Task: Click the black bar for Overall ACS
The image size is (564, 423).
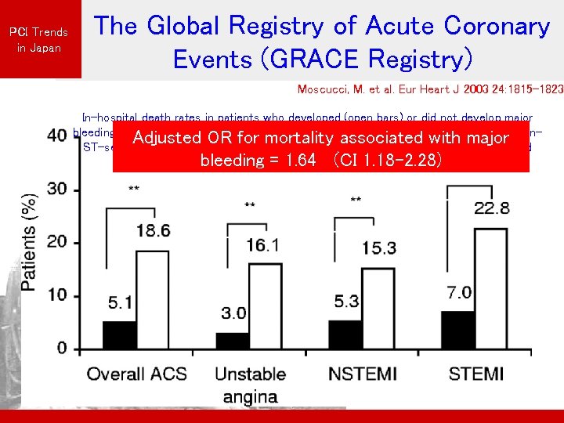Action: [x=119, y=334]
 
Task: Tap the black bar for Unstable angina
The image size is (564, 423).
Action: [x=232, y=340]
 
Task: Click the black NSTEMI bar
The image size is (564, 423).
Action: [x=345, y=334]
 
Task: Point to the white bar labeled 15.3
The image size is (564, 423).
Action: [x=379, y=308]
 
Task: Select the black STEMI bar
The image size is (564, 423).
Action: [x=457, y=330]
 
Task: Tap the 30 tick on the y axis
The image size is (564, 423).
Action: [x=56, y=190]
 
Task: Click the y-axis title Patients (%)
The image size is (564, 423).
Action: [x=29, y=242]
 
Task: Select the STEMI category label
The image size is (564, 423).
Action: [x=475, y=373]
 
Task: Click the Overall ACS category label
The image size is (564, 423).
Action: [x=137, y=373]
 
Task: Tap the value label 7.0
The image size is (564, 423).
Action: [x=460, y=293]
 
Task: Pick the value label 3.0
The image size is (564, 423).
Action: [x=233, y=313]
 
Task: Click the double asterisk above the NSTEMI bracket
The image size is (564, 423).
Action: [x=356, y=201]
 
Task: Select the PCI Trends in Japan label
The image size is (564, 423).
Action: [x=38, y=39]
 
